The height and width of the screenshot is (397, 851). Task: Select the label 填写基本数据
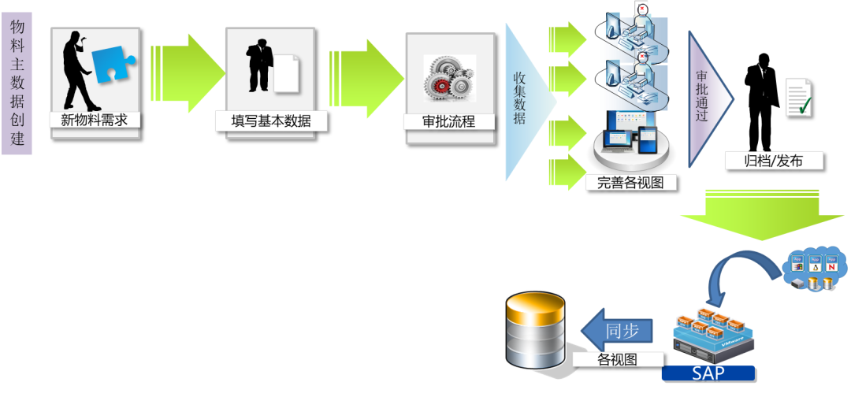[x=271, y=121]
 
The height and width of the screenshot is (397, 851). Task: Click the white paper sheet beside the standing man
[x=287, y=75]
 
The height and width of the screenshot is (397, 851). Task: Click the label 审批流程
[x=449, y=122]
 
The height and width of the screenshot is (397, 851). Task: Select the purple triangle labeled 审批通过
[x=705, y=98]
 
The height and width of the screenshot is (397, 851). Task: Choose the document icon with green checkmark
[x=798, y=98]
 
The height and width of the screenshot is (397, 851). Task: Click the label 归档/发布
[x=773, y=161]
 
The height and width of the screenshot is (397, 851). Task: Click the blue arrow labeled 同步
[x=619, y=331]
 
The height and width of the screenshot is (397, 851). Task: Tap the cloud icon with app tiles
[x=816, y=270]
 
